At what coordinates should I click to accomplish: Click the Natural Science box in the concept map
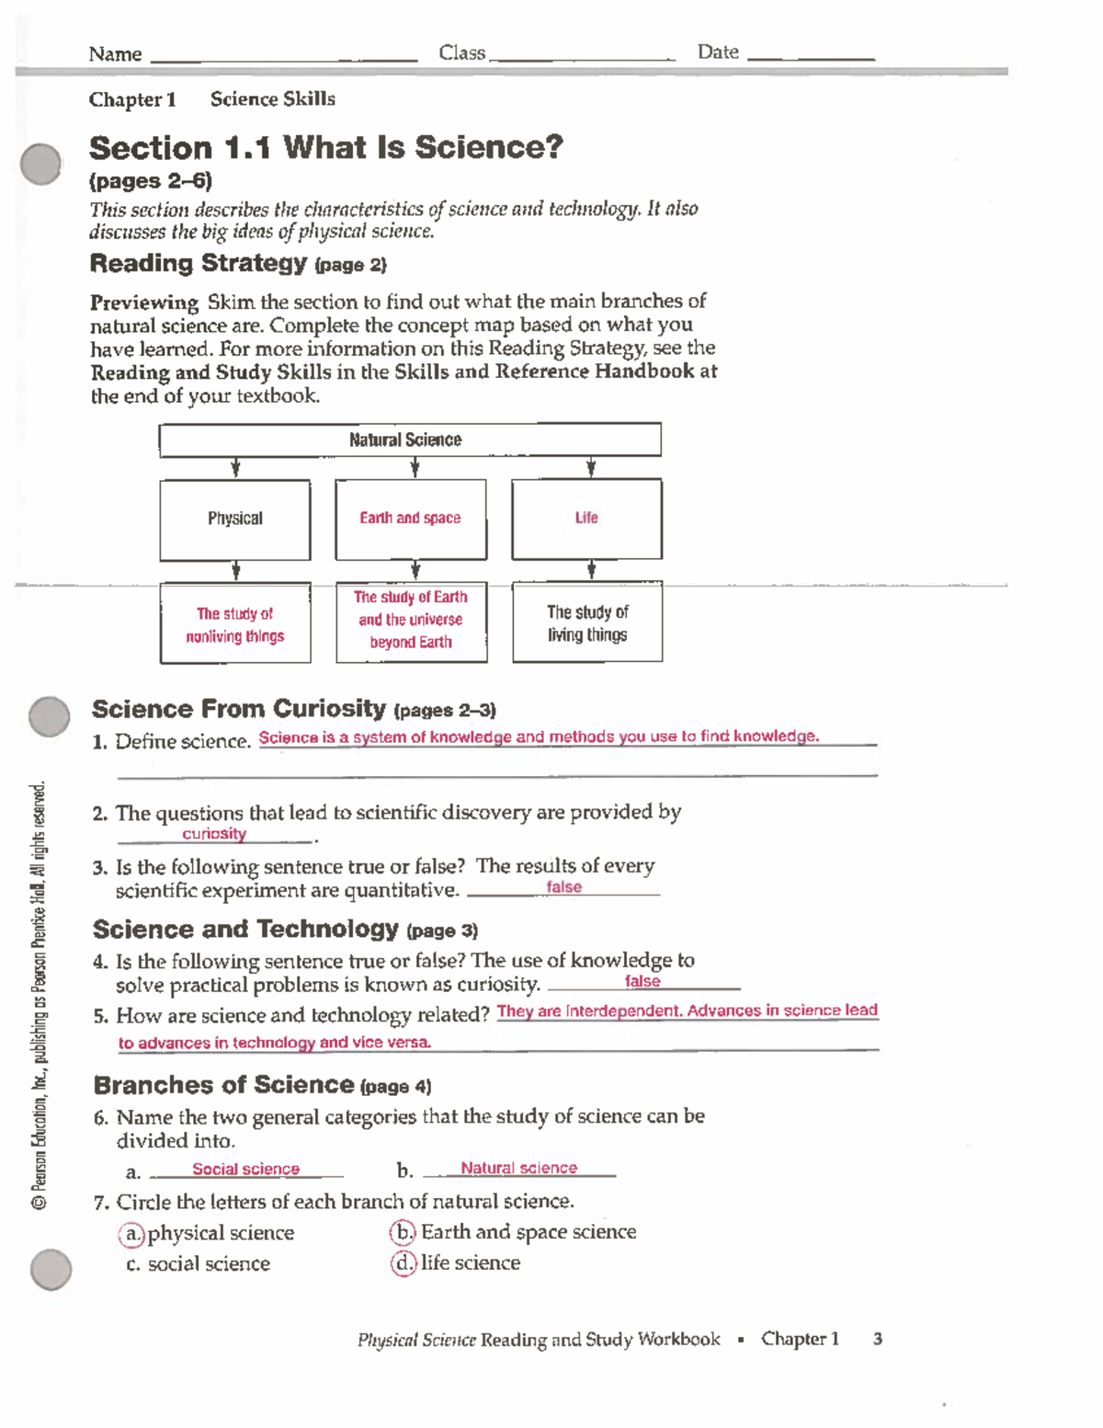(x=409, y=440)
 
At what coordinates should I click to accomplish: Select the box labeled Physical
(x=235, y=519)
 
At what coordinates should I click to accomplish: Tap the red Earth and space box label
(x=410, y=518)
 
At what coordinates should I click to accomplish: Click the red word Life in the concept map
(x=586, y=518)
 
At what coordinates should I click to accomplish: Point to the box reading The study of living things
(x=587, y=623)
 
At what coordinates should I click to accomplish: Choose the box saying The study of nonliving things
(x=235, y=624)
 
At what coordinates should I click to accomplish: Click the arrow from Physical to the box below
(x=236, y=571)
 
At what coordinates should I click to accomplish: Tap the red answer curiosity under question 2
(x=214, y=834)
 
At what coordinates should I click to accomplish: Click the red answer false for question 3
(x=563, y=887)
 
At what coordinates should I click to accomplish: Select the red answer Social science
(x=245, y=1169)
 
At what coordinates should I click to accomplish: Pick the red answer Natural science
(x=518, y=1168)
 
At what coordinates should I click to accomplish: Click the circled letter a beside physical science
(x=132, y=1233)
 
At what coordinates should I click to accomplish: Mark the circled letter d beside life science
(x=404, y=1263)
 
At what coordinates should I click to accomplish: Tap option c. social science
(x=199, y=1264)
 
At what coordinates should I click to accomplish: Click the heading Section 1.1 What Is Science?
(x=325, y=147)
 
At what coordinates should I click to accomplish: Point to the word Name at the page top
(x=115, y=54)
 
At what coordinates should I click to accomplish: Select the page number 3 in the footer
(x=878, y=1339)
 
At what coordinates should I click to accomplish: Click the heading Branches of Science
(x=224, y=1085)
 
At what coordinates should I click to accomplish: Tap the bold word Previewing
(x=144, y=303)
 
